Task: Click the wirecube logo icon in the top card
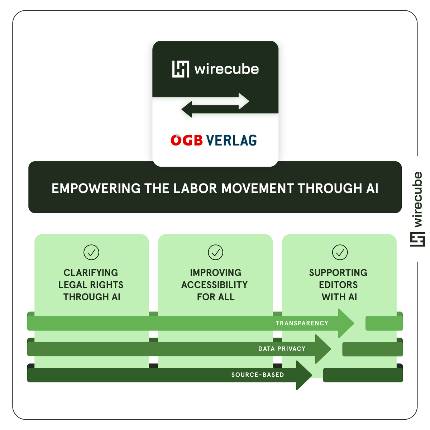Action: point(181,69)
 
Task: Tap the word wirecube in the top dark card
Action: point(226,69)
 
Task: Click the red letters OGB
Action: point(187,140)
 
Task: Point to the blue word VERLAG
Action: point(231,140)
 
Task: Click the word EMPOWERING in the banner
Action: point(96,188)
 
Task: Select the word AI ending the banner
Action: point(372,188)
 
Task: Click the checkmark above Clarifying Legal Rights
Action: point(91,252)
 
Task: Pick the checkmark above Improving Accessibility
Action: point(215,252)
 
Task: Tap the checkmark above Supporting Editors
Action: point(340,252)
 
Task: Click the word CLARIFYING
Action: point(91,273)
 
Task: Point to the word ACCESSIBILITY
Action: point(214,285)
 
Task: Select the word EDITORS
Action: point(338,285)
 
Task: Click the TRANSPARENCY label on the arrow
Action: point(302,323)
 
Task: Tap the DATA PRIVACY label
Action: point(282,349)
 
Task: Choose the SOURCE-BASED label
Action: point(257,375)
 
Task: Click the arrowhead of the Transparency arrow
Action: point(345,323)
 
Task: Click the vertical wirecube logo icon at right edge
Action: point(417,239)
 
